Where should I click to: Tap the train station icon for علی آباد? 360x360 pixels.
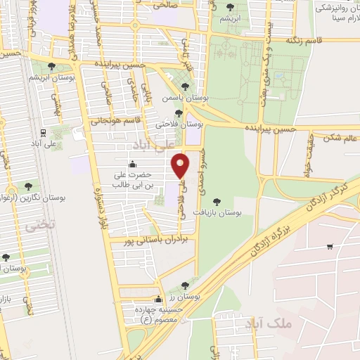coord(44,132)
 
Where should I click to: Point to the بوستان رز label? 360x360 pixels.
coord(205,297)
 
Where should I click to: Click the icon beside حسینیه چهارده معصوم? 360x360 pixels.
coord(159,299)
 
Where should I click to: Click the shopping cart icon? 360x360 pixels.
coord(330,246)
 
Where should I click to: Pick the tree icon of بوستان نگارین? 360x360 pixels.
coord(28,186)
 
